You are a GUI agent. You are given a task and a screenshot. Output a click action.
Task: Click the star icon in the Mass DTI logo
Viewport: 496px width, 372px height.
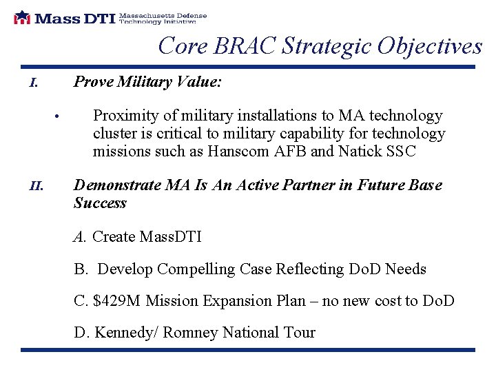click(x=22, y=17)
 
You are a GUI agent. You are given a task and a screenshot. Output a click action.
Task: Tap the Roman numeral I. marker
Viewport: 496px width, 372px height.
click(x=33, y=84)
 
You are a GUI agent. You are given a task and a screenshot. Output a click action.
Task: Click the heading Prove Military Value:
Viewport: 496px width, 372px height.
click(x=147, y=82)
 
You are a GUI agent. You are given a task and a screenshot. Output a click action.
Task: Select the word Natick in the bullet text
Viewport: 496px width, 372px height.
click(x=360, y=152)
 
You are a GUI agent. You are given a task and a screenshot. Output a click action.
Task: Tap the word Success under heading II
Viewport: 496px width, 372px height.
click(x=100, y=203)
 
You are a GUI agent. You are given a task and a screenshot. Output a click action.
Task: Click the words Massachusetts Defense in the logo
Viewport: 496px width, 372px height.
click(x=163, y=14)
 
